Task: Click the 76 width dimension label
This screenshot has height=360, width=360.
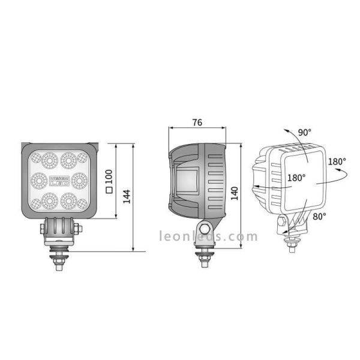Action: pos(197,122)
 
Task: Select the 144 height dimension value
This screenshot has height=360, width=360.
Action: pos(127,196)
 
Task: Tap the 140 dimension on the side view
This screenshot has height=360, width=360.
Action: pos(235,192)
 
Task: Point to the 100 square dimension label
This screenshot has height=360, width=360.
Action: pos(109,181)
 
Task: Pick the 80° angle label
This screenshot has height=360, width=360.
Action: pos(319,216)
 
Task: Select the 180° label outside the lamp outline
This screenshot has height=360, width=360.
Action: pos(337,161)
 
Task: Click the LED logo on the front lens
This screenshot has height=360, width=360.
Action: pos(59,179)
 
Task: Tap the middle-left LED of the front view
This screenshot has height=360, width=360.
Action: pos(39,179)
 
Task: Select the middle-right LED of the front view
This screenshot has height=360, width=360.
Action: pos(79,179)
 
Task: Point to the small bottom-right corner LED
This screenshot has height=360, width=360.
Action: pos(83,202)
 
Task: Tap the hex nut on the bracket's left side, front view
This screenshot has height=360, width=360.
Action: pos(41,227)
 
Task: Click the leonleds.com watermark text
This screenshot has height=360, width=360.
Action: pos(208,236)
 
